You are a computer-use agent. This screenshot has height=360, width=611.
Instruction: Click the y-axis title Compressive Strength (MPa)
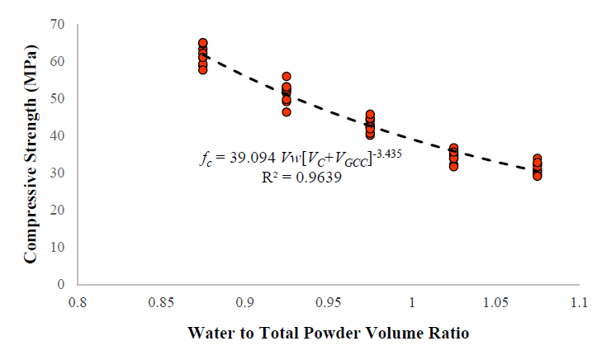pyautogui.click(x=30, y=154)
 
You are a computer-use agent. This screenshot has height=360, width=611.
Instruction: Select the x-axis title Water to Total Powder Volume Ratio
pyautogui.click(x=328, y=334)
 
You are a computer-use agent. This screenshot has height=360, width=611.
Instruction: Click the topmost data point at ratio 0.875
pyautogui.click(x=203, y=43)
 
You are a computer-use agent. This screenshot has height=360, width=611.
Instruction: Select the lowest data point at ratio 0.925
pyautogui.click(x=287, y=111)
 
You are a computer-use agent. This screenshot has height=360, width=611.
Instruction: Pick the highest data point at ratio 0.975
pyautogui.click(x=371, y=115)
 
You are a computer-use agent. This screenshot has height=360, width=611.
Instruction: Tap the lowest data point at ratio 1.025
pyautogui.click(x=454, y=166)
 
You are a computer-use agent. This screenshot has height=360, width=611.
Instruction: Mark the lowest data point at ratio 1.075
pyautogui.click(x=538, y=176)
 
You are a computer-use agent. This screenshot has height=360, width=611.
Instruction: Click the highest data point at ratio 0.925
pyautogui.click(x=287, y=77)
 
